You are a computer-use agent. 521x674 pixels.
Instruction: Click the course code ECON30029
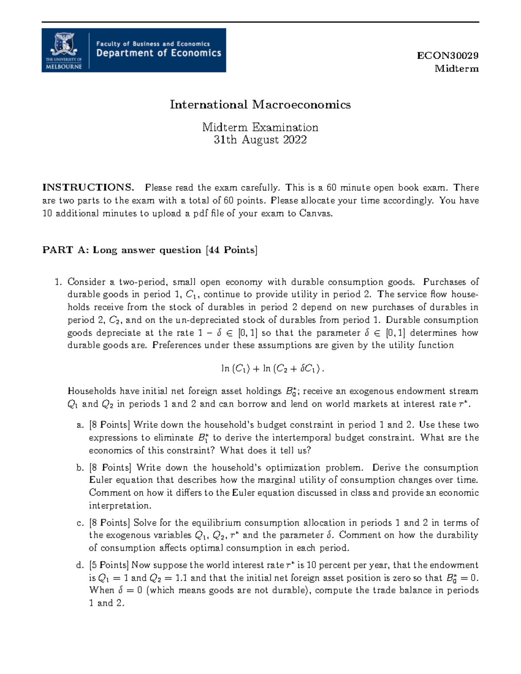[448, 56]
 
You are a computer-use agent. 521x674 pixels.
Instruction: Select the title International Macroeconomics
[260, 105]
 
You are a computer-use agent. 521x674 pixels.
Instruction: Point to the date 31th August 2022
[260, 140]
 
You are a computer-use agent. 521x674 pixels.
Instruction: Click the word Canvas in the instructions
[316, 213]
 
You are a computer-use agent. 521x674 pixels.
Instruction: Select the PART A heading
[150, 250]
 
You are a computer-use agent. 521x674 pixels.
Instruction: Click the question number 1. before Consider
[58, 282]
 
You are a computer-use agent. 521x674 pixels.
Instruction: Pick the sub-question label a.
[80, 425]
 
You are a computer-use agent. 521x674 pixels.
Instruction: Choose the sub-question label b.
[80, 468]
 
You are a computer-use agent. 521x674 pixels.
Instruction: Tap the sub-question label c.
[80, 523]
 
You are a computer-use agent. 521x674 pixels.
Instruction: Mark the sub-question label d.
[80, 565]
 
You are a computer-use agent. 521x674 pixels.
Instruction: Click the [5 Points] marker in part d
[109, 565]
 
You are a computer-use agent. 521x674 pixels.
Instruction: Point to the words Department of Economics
[158, 53]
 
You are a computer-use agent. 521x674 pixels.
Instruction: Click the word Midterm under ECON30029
[457, 69]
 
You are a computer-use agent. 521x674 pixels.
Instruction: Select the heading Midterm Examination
[260, 127]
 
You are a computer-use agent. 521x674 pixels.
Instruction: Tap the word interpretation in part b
[120, 506]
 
